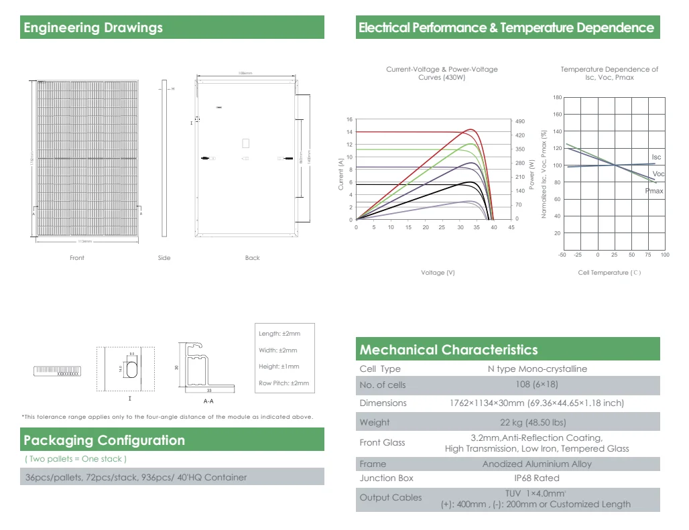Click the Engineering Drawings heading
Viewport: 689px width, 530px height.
click(93, 28)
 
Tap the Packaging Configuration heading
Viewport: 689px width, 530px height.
click(104, 440)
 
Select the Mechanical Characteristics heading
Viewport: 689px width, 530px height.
click(448, 350)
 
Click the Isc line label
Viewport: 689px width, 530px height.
click(656, 157)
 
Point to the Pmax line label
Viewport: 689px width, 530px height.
click(654, 191)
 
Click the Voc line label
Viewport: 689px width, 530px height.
click(658, 174)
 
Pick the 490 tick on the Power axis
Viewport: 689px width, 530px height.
click(519, 121)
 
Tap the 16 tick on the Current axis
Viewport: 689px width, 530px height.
click(349, 120)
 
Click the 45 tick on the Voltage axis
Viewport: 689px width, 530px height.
click(511, 228)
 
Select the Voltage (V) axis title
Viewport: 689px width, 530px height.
click(438, 273)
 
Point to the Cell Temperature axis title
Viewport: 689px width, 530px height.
click(609, 273)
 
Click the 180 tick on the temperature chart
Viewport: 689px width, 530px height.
click(558, 98)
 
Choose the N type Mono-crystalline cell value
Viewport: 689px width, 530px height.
click(537, 369)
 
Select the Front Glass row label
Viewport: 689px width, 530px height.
click(382, 443)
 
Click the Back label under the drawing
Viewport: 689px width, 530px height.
click(252, 258)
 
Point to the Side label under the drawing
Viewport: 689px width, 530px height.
click(164, 258)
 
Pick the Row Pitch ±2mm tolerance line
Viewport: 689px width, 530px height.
click(284, 383)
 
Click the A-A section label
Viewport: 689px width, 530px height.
click(208, 401)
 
